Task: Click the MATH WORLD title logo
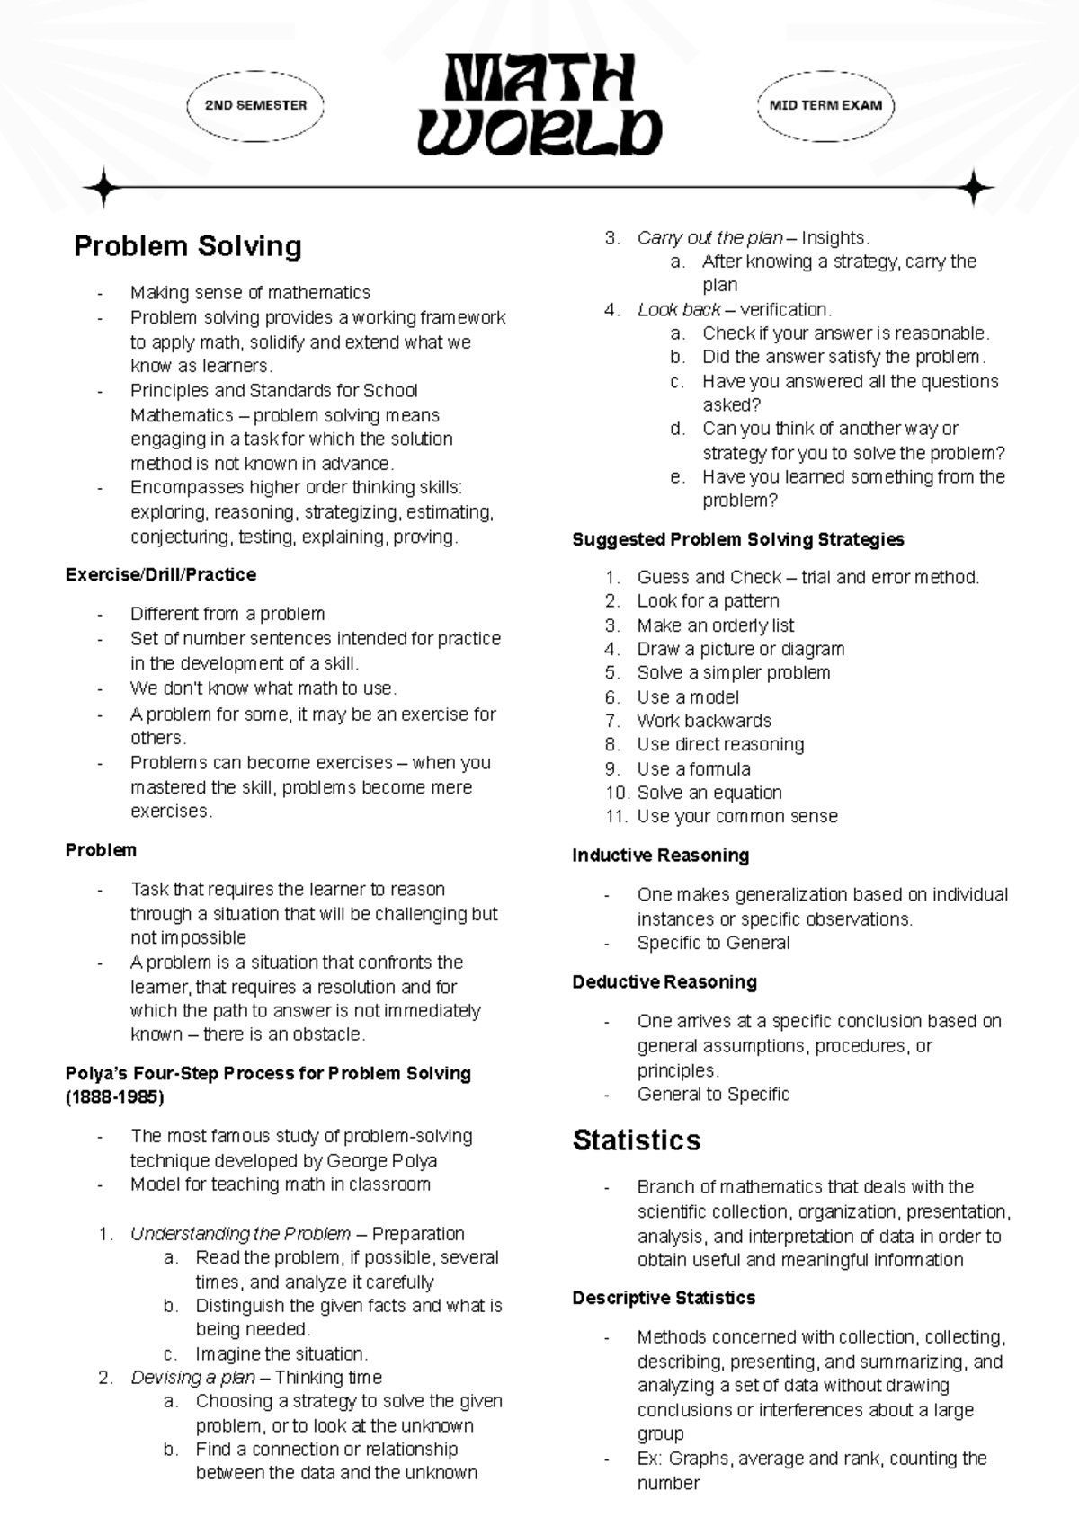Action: pos(539,105)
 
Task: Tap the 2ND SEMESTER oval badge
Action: pos(255,105)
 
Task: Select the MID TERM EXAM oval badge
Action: pos(825,105)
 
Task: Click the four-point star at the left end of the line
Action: pos(103,188)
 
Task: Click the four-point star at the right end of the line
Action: pos(974,188)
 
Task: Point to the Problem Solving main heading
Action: pos(187,246)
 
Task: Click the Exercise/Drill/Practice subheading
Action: pos(161,575)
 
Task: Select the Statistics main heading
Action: pos(636,1140)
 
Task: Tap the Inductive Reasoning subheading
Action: pos(660,856)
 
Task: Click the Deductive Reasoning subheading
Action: pos(664,982)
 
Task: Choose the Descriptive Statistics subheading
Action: pos(663,1299)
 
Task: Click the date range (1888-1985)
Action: pos(114,1097)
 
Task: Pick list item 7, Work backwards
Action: pos(703,721)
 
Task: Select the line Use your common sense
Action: pos(736,817)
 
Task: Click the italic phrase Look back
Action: pos(678,310)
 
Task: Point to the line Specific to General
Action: pos(713,944)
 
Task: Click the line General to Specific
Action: pos(713,1095)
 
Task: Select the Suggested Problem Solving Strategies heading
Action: pos(737,540)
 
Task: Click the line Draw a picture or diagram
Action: pos(740,649)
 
